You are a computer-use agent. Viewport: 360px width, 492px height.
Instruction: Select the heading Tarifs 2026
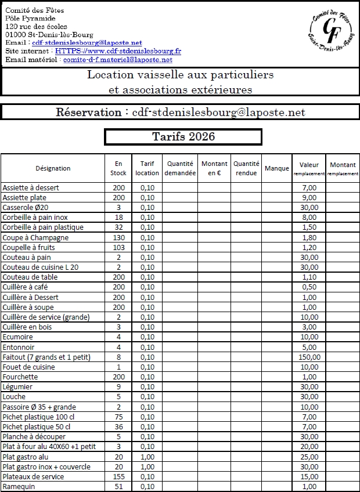click(x=183, y=136)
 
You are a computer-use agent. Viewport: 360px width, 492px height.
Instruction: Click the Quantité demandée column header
click(x=180, y=168)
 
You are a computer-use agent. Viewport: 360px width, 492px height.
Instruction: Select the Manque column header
click(x=276, y=168)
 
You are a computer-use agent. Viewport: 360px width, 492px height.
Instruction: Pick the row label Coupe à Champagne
click(x=35, y=237)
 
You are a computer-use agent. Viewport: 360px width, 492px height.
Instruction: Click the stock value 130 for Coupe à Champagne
click(x=118, y=237)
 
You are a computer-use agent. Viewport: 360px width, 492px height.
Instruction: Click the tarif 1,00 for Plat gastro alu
click(x=147, y=457)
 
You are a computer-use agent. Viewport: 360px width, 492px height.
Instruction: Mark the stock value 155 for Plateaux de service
click(x=118, y=476)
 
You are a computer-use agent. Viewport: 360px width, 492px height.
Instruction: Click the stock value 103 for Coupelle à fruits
click(x=118, y=247)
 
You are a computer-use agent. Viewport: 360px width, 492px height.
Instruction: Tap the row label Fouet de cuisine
click(x=29, y=367)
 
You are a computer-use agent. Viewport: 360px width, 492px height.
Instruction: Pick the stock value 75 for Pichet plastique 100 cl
click(x=118, y=417)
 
